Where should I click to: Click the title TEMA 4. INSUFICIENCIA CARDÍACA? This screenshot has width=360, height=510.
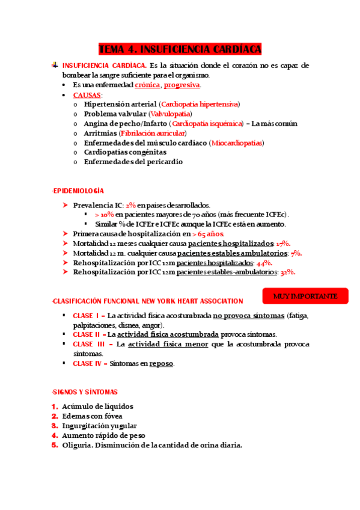click(180, 49)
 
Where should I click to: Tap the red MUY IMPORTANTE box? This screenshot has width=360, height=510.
click(305, 296)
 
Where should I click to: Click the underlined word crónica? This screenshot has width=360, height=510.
click(147, 85)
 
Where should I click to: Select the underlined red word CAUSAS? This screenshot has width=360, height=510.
click(87, 95)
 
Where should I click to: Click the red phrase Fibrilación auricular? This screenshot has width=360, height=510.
click(153, 133)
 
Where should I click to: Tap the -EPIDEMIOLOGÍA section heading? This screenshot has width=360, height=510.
click(78, 191)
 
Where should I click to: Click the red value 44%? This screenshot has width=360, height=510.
click(264, 263)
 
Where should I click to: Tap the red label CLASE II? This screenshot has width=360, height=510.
click(87, 334)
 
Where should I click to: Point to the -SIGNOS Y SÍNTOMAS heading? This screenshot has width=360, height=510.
click(85, 392)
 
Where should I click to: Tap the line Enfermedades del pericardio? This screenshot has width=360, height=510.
click(133, 162)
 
